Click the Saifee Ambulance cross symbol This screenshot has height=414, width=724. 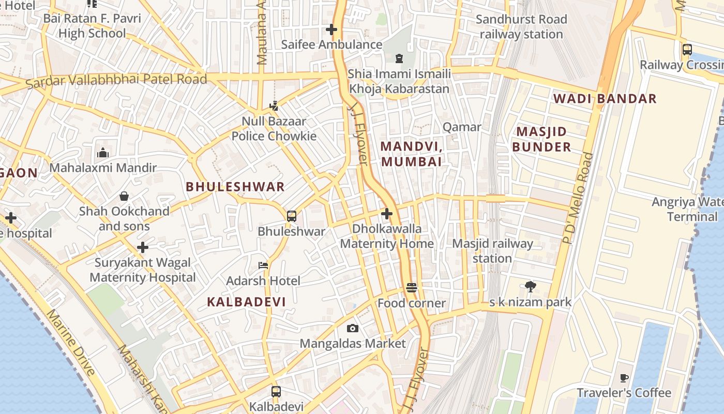coord(331,29)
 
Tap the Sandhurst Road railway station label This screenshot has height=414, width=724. coord(521,27)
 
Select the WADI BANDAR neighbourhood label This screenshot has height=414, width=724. coord(605,98)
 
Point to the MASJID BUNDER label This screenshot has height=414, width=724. coord(541,139)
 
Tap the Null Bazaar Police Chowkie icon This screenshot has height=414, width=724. coord(274,106)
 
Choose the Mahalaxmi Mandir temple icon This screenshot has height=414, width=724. coord(103,153)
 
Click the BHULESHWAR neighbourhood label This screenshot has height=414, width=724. coord(235,187)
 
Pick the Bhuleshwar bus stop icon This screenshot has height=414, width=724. coord(292,216)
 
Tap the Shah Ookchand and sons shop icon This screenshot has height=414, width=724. coord(124,196)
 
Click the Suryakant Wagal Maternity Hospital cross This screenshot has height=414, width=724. coord(143,247)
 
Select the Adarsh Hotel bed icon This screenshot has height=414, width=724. coord(263,265)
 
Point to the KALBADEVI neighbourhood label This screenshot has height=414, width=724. coord(246,302)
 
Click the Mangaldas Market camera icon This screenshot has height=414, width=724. coord(353,328)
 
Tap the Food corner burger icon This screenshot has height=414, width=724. coord(412,288)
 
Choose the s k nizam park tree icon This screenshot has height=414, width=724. coord(530,286)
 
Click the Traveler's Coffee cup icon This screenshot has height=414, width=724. coord(624,378)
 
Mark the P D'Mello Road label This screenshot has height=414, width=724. coord(577,198)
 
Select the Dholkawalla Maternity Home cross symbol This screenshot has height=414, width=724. coord(387,213)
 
